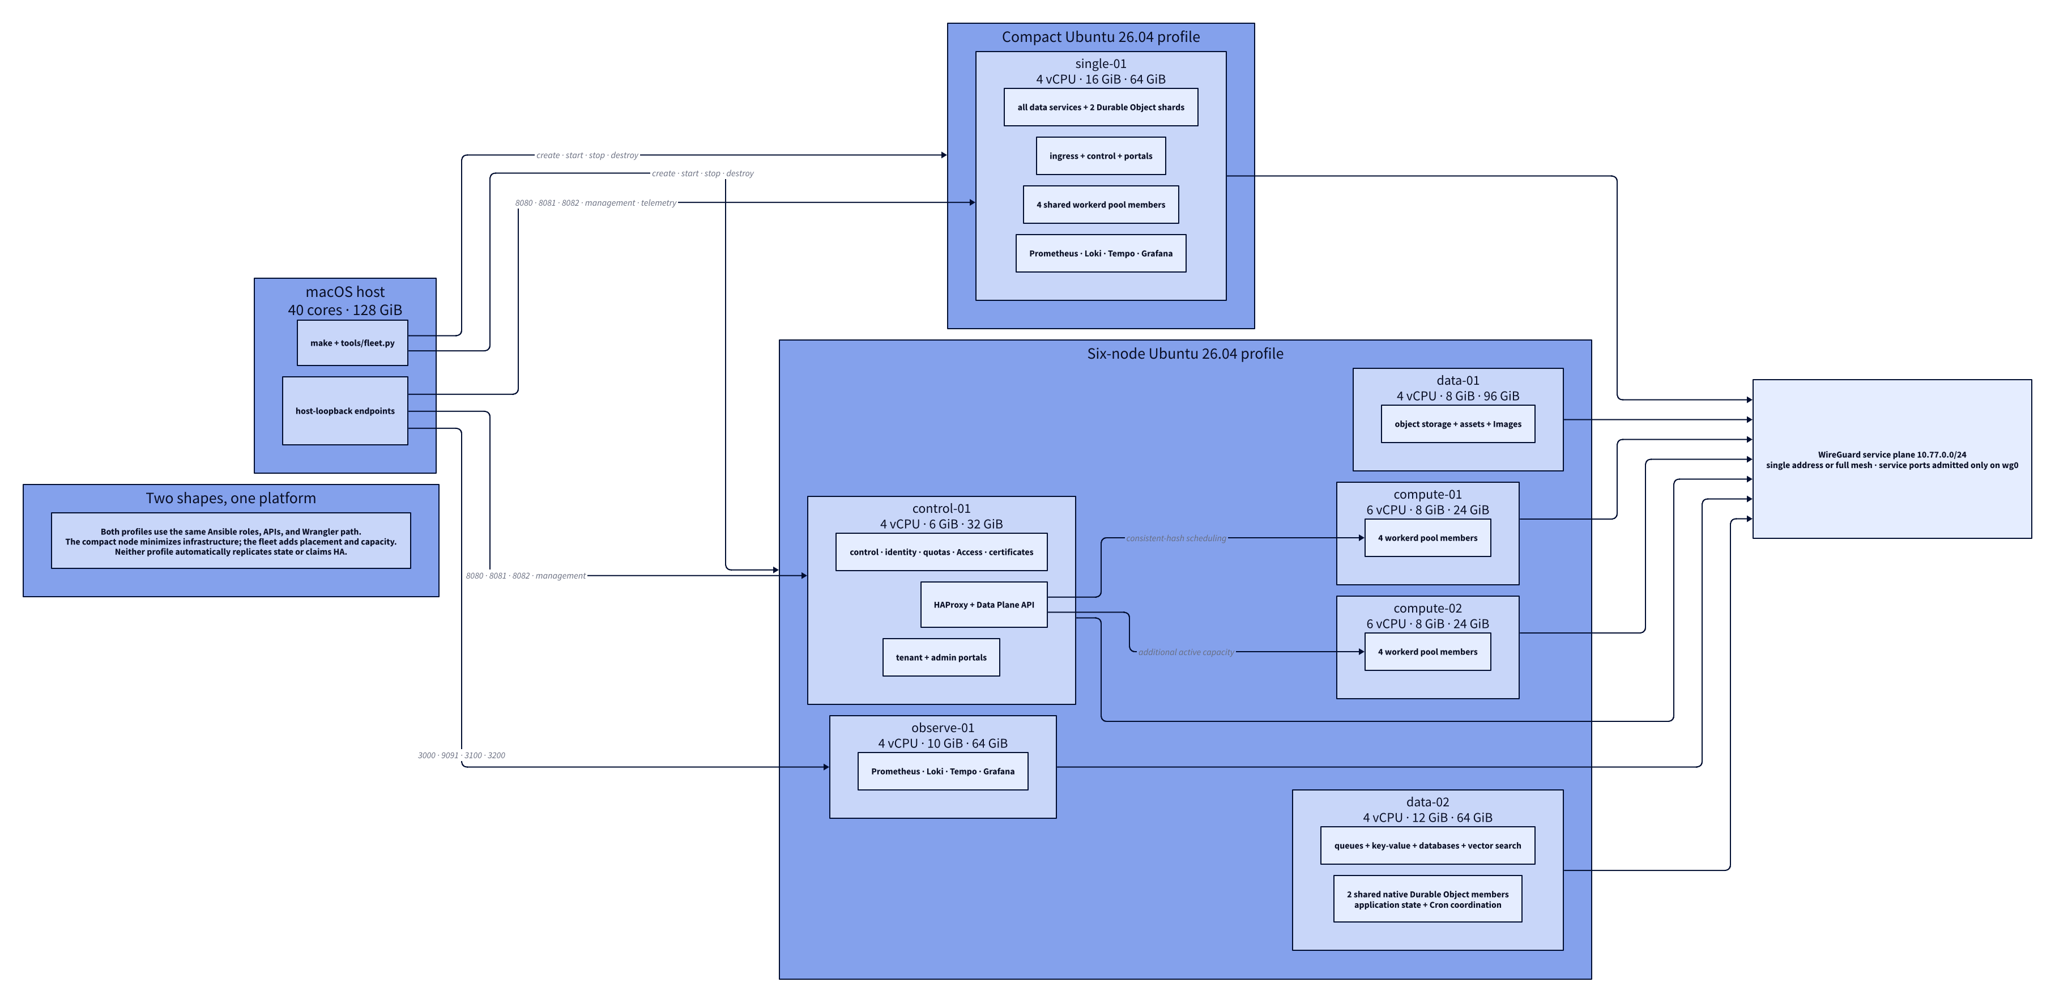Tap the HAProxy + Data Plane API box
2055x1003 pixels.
click(984, 605)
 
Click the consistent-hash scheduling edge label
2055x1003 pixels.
click(1176, 538)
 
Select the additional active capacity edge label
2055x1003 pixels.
click(1186, 653)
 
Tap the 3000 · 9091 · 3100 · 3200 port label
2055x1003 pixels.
click(461, 755)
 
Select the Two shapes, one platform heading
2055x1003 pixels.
click(231, 498)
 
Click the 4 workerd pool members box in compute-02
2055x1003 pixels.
click(1427, 652)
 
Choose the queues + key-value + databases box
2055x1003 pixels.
click(1427, 846)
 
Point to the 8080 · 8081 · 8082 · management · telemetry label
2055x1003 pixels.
click(595, 203)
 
